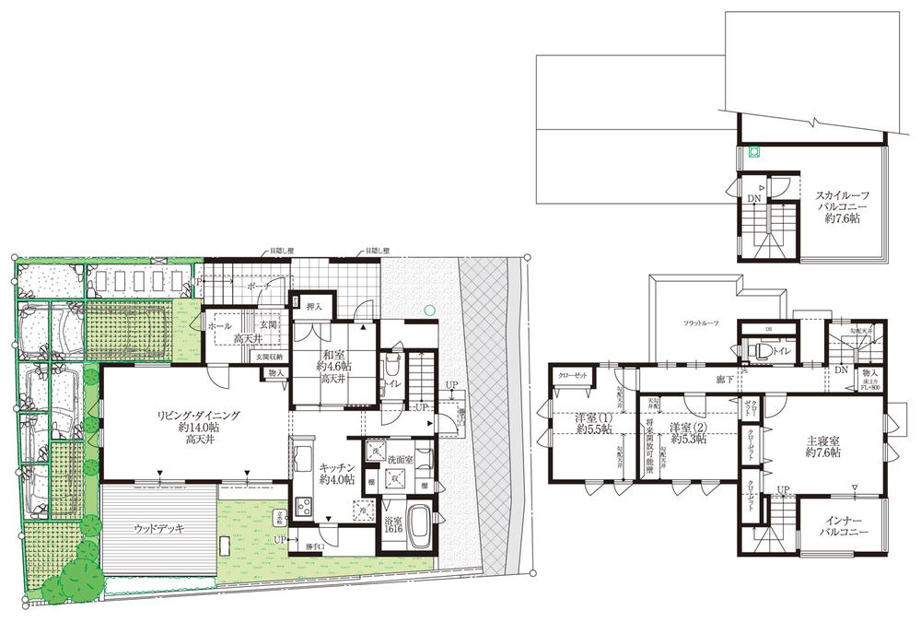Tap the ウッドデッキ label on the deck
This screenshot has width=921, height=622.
[158, 529]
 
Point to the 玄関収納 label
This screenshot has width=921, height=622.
[255, 357]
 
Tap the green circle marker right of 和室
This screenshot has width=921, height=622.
[428, 311]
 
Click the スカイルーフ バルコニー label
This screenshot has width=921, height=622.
[836, 207]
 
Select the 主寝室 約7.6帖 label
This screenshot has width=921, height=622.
[823, 446]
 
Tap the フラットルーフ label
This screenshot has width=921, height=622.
[701, 323]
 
